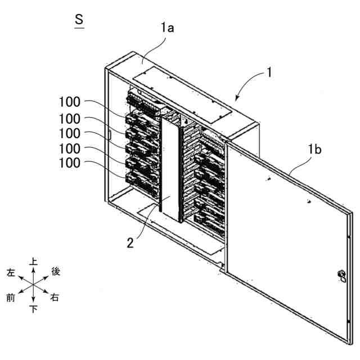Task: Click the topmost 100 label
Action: point(70,102)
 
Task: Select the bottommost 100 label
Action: point(70,163)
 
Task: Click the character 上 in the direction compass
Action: point(34,262)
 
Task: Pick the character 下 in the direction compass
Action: point(34,309)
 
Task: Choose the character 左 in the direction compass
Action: point(11,272)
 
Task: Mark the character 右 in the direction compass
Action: point(55,298)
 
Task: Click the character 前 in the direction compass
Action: point(11,298)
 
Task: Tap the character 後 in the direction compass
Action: point(56,272)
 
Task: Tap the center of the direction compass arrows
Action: point(33,285)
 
